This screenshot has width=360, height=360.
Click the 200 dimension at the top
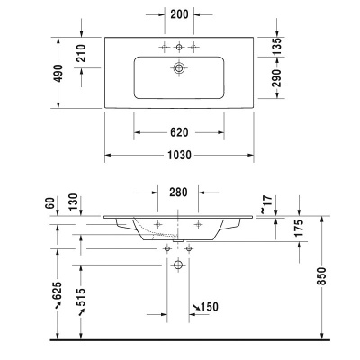(180, 15)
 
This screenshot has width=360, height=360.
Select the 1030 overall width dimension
(180, 155)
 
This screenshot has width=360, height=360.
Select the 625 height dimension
(57, 292)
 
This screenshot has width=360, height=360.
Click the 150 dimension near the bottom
(208, 308)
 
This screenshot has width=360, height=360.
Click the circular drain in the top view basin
(180, 67)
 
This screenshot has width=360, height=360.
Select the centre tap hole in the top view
(180, 46)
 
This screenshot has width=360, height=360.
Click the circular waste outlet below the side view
(177, 265)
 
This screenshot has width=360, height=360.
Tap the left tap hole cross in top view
(164, 46)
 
